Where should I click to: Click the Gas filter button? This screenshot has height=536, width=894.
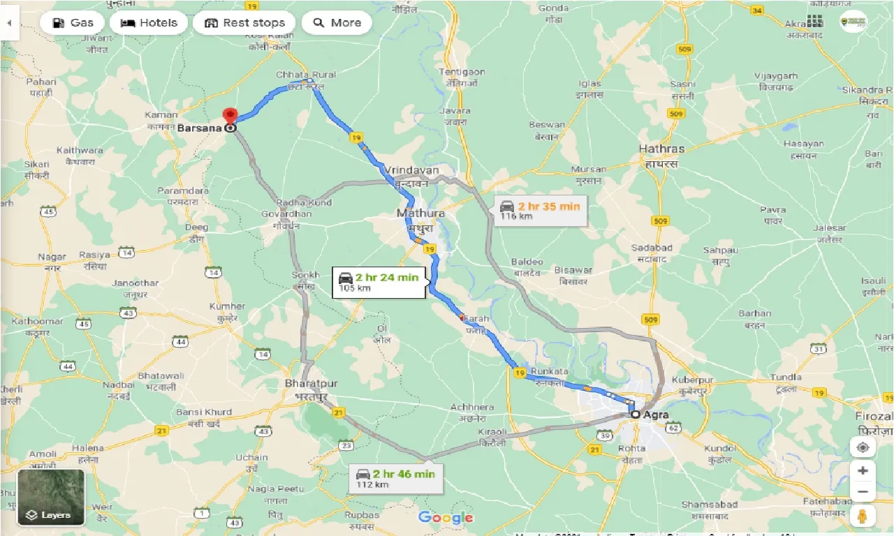[x=73, y=23]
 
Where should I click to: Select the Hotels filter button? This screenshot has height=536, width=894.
[x=148, y=23]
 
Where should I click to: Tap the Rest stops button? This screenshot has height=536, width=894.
[x=244, y=23]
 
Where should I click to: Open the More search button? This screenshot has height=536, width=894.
[x=337, y=23]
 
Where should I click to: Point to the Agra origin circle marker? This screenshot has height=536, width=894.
[x=635, y=415]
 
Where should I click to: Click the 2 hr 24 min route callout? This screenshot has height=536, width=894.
[x=379, y=281]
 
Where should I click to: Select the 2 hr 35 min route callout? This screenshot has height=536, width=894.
[x=540, y=210]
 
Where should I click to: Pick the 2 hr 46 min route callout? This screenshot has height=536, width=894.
[x=395, y=478]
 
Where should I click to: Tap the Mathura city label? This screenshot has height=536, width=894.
[x=420, y=213]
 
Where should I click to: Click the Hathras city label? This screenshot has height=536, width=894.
[x=661, y=149]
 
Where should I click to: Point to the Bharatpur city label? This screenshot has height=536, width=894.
[x=312, y=385]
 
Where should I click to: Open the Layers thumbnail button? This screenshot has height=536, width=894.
[x=51, y=497]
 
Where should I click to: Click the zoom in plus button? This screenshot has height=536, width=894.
[x=863, y=470]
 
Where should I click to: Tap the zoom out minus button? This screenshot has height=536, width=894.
[x=863, y=492]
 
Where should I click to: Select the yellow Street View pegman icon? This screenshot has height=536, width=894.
[x=863, y=517]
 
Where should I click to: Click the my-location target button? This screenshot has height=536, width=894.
[x=863, y=447]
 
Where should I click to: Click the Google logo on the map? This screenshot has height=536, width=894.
[x=446, y=517]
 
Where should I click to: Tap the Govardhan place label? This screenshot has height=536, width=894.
[x=286, y=214]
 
